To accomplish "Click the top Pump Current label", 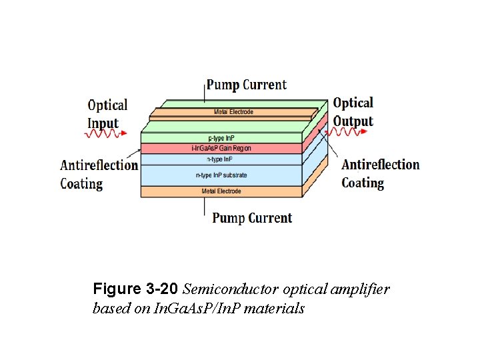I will point(246,85).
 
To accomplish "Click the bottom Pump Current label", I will point(252,218).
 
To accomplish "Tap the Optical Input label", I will point(107,114).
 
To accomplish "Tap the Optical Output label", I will point(353,112).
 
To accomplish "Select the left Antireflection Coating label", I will point(99,174).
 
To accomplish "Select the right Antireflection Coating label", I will point(380,173).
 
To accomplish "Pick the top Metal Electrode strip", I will point(233,112).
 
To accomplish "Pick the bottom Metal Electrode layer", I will point(221,191).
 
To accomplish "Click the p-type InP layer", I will point(221,138).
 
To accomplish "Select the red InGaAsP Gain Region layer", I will point(221,148).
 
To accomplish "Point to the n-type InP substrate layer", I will point(221,175).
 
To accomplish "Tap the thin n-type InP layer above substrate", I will point(221,159).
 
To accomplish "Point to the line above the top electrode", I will point(205,93).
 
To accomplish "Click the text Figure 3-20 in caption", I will point(135,289).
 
